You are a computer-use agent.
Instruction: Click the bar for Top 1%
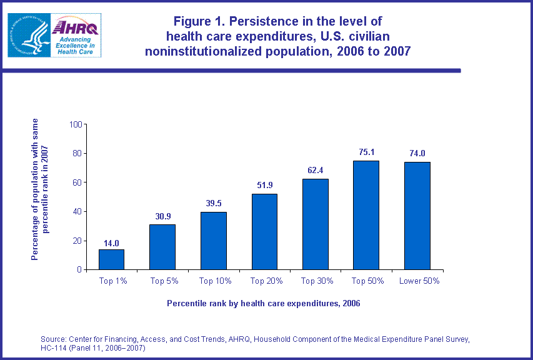pyautogui.click(x=111, y=259)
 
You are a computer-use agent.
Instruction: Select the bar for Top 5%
pyautogui.click(x=162, y=247)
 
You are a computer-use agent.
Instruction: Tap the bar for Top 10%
pyautogui.click(x=213, y=241)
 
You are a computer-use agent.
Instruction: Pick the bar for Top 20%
pyautogui.click(x=264, y=232)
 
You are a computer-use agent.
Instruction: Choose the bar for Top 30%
pyautogui.click(x=315, y=224)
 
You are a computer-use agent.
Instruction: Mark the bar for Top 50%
pyautogui.click(x=366, y=215)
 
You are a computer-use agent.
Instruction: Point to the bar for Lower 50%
pyautogui.click(x=417, y=216)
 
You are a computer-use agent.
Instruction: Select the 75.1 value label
pyautogui.click(x=366, y=152)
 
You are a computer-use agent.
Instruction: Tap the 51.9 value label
pyautogui.click(x=264, y=185)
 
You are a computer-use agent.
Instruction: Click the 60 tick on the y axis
pyautogui.click(x=78, y=182)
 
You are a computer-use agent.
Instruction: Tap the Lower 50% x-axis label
pyautogui.click(x=419, y=281)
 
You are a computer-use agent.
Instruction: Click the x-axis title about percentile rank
pyautogui.click(x=264, y=304)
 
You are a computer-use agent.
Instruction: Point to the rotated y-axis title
pyautogui.click(x=40, y=189)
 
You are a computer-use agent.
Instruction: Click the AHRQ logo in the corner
pyautogui.click(x=54, y=36)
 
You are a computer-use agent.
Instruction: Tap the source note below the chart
pyautogui.click(x=255, y=343)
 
